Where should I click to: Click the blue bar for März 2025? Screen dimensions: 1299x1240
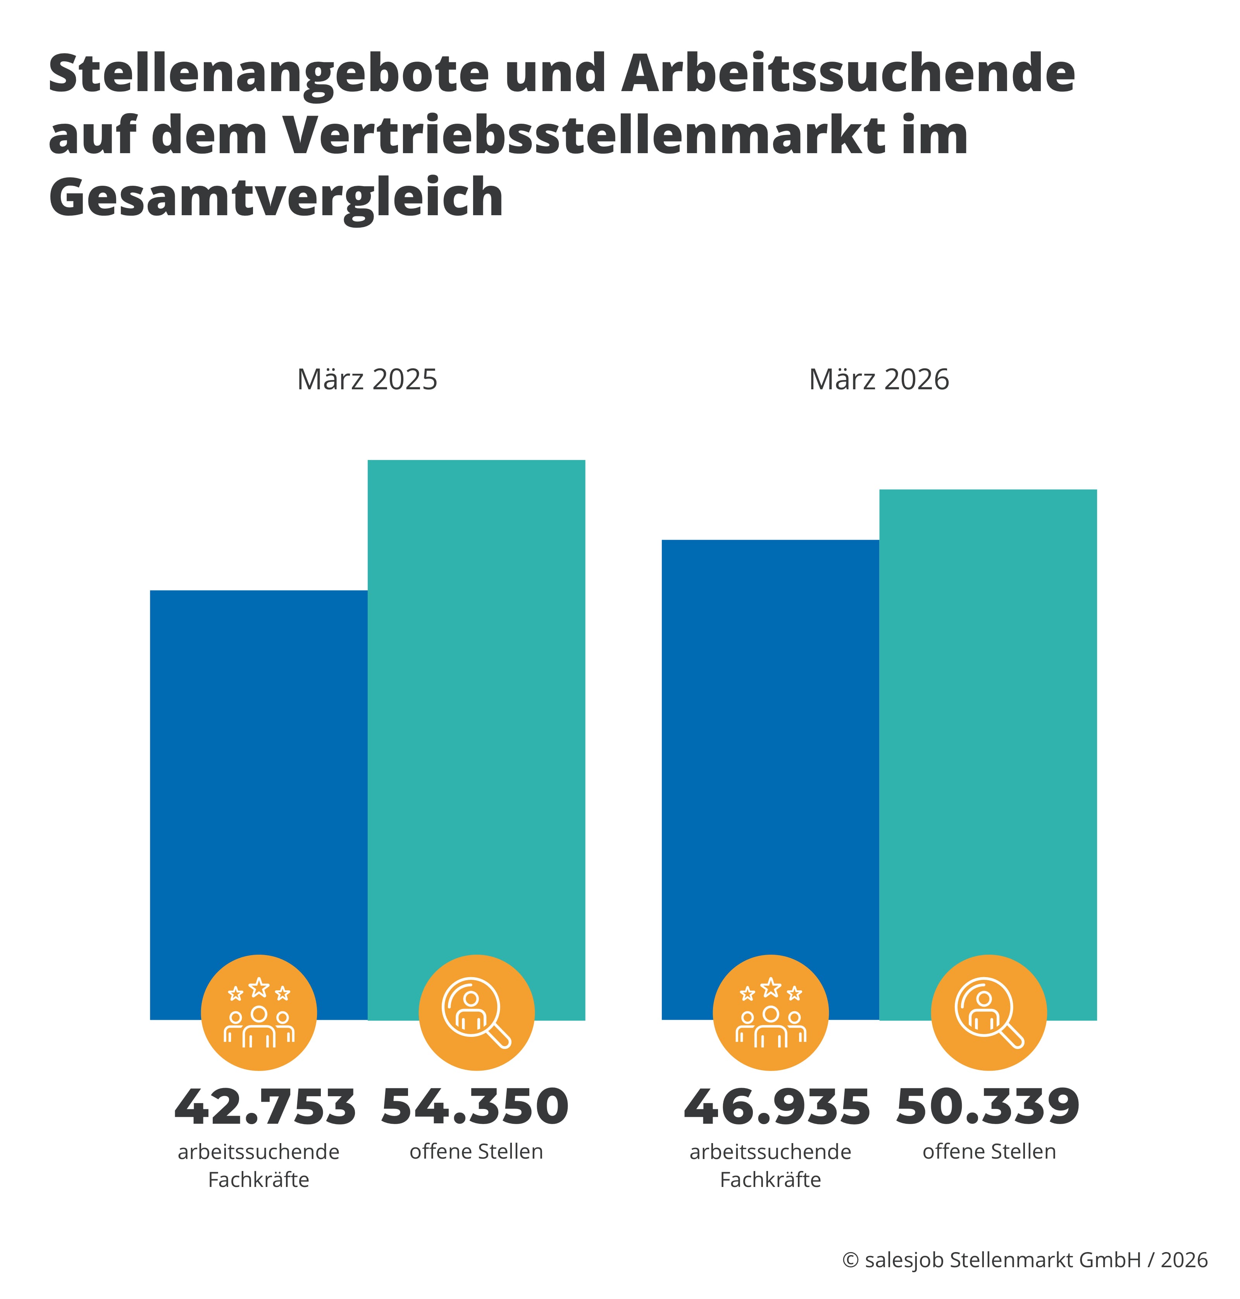pyautogui.click(x=258, y=761)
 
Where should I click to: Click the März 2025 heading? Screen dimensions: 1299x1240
pyautogui.click(x=367, y=380)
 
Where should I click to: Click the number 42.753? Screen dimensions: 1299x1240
pyautogui.click(x=264, y=1107)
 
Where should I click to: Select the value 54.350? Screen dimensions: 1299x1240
pyautogui.click(x=475, y=1107)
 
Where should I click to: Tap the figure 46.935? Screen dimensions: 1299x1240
pyautogui.click(x=777, y=1107)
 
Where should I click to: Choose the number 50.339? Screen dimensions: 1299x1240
pyautogui.click(x=987, y=1107)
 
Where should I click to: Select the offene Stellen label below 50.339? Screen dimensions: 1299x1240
pyautogui.click(x=989, y=1152)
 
